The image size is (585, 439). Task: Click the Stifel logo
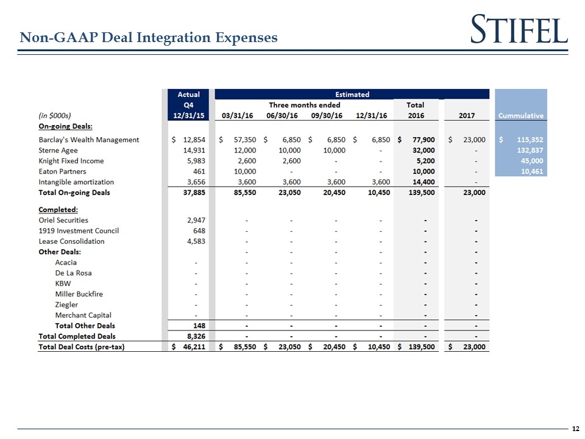(519, 29)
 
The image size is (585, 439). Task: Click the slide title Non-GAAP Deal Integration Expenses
(149, 38)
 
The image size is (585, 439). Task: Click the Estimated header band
(352, 95)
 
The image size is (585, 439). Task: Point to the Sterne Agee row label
(58, 151)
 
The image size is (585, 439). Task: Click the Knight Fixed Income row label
(71, 161)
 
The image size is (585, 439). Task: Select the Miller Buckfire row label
(79, 294)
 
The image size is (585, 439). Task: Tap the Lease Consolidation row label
(71, 241)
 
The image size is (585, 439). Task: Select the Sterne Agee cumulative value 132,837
(529, 151)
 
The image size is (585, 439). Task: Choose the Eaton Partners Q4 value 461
(199, 171)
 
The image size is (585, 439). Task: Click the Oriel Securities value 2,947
(195, 220)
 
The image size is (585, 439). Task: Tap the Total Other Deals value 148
(199, 326)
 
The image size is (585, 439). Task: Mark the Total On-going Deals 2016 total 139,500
(420, 193)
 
